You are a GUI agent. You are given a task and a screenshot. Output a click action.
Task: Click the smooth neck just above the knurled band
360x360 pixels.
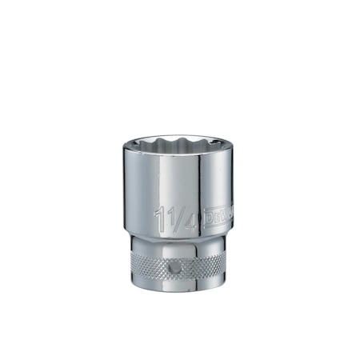[179, 245]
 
